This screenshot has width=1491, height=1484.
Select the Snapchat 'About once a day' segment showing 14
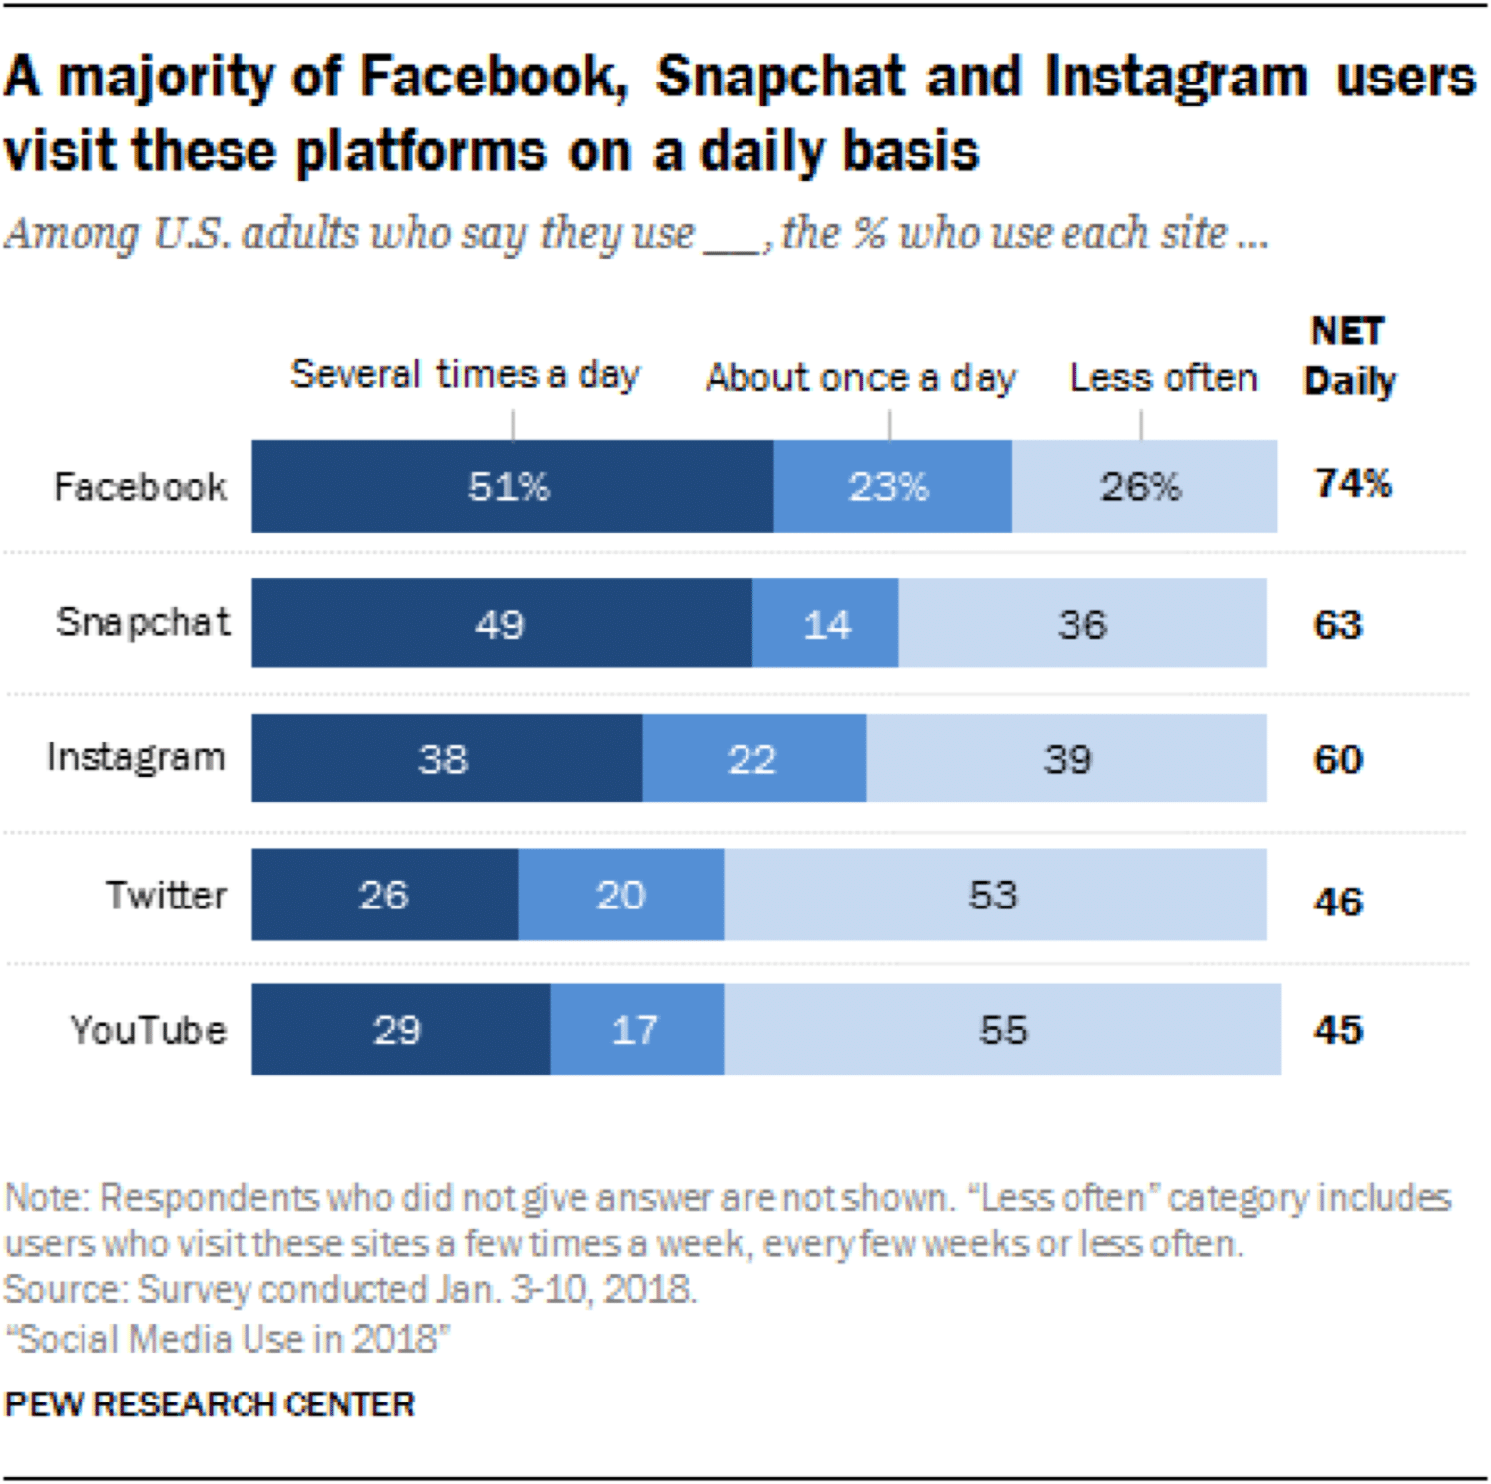825,624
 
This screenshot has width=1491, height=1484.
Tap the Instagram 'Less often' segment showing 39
1067,759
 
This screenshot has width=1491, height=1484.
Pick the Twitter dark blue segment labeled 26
384,895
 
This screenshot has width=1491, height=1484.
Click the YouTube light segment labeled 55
1002,1030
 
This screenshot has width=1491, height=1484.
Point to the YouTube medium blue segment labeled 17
636,1030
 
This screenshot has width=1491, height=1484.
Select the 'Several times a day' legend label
465,375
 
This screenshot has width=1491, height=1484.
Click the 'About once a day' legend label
861,378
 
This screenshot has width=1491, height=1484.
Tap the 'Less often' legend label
1163,378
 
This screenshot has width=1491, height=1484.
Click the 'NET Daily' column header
1349,356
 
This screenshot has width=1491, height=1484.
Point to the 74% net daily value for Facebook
1353,484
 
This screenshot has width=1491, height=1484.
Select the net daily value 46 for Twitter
1338,902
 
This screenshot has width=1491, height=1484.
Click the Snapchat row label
143,622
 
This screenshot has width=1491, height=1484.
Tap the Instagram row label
136,757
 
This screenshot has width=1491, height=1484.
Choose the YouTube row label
148,1030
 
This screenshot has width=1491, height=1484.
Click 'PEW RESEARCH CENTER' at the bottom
210,1404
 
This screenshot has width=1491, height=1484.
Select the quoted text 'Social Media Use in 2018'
228,1339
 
